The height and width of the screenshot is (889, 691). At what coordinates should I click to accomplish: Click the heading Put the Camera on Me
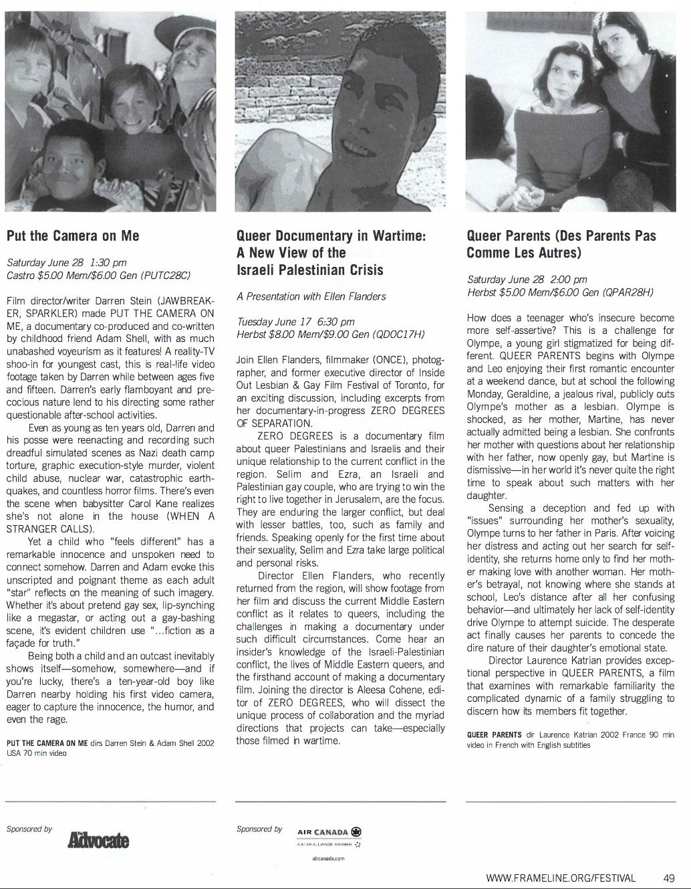[73, 235]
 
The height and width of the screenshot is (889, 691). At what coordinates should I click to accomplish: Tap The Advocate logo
[98, 840]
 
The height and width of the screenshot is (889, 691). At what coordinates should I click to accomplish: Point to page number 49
[669, 878]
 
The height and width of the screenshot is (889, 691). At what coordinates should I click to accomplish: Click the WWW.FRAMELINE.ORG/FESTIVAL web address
[561, 878]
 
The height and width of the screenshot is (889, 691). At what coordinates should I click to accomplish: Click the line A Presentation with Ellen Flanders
[311, 296]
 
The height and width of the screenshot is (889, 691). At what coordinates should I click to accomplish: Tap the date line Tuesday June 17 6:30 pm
[295, 322]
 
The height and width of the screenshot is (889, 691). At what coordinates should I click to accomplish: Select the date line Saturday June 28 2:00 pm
[527, 280]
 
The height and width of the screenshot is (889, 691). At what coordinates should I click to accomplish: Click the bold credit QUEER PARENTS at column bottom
[495, 734]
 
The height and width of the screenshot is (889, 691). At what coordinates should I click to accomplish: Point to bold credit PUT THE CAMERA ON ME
[47, 743]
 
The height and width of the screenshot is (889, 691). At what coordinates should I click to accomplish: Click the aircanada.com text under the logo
[328, 858]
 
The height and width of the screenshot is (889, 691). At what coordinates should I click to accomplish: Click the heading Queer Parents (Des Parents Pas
[561, 235]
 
